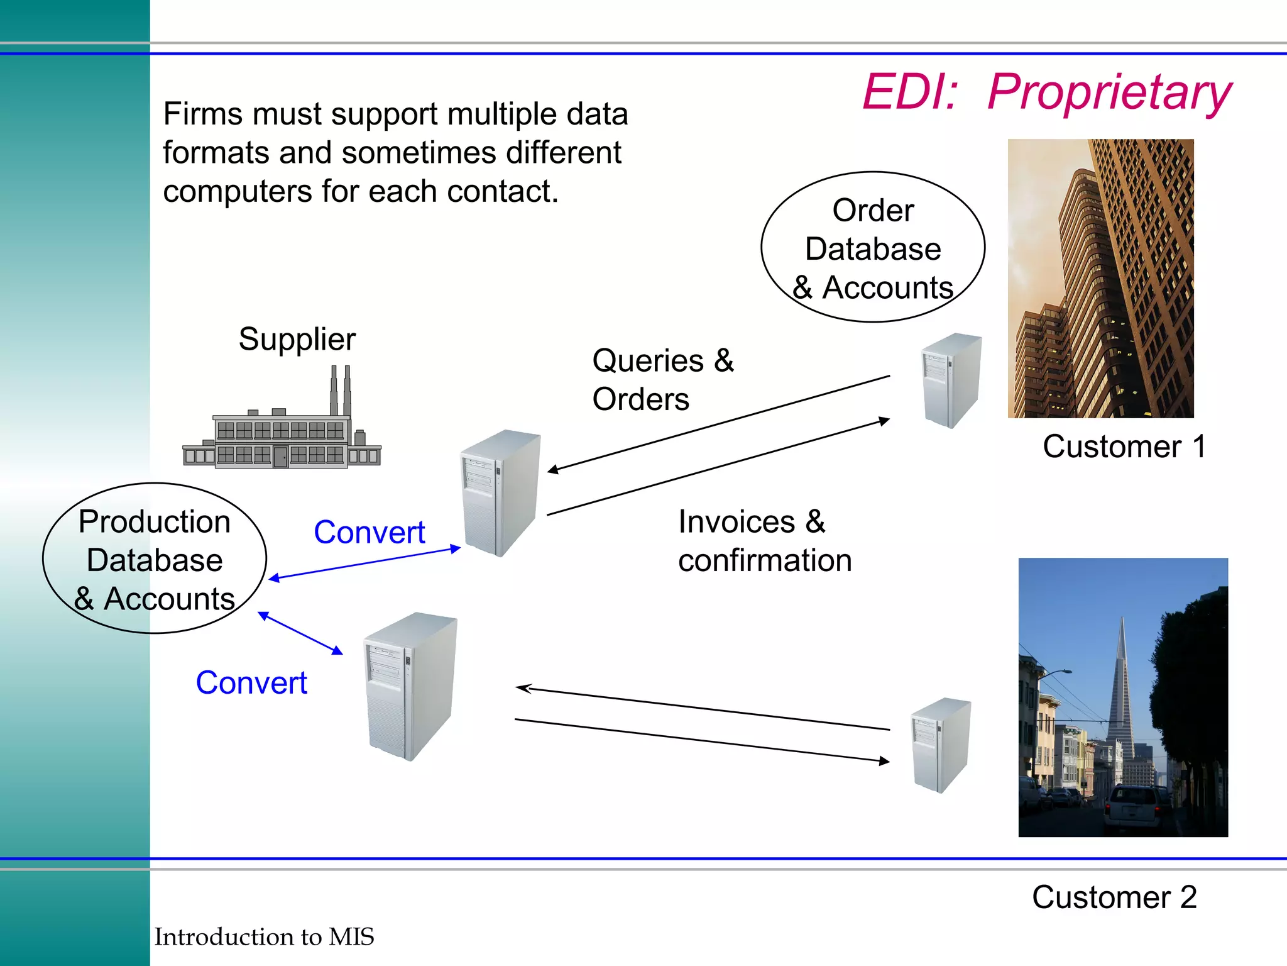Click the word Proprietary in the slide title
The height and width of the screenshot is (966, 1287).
click(1109, 92)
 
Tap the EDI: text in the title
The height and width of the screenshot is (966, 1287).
click(910, 92)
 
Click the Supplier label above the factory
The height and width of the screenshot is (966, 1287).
click(297, 340)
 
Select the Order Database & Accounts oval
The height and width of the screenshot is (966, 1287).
click(873, 248)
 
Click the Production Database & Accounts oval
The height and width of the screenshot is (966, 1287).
click(155, 559)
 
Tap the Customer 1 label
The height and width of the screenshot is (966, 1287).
click(1124, 447)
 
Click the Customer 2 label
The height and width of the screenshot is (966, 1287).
click(1114, 897)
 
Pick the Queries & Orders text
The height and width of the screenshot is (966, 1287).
click(662, 379)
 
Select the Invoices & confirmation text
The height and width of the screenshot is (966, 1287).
click(764, 541)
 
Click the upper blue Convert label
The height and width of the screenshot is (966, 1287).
click(370, 533)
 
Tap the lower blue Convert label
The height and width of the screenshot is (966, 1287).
click(251, 683)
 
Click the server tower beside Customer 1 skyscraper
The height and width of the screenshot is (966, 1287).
click(951, 380)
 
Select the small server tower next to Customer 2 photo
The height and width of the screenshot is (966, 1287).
click(940, 745)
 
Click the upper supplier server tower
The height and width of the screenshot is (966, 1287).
click(500, 492)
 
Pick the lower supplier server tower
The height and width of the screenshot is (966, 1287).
click(410, 686)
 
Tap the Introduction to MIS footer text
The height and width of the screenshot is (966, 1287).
click(264, 937)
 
